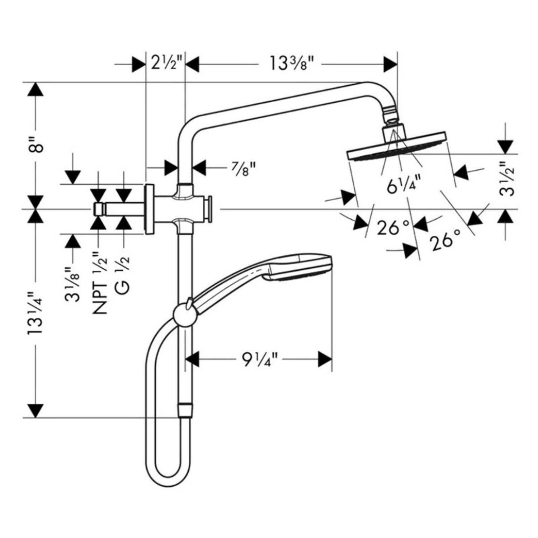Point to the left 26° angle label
pos(392,227)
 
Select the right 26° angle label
pos(446,242)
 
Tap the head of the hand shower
pos(299,267)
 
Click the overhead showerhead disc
pos(396,147)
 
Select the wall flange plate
pos(149,209)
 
